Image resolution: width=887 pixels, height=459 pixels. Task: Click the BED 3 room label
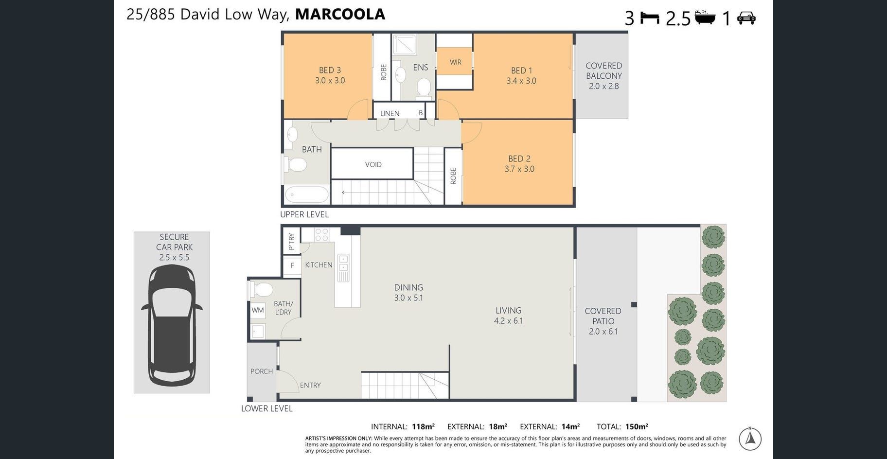(330, 70)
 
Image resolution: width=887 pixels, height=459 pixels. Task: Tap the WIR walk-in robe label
(455, 62)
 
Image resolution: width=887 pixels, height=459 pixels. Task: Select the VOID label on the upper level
(373, 164)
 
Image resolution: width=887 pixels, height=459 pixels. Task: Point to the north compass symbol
(750, 439)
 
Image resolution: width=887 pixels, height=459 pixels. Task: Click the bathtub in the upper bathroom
(306, 194)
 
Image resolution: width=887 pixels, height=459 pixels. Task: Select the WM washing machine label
(258, 310)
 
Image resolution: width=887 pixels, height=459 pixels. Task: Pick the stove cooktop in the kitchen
(321, 235)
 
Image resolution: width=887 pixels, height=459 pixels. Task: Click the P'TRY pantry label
(291, 241)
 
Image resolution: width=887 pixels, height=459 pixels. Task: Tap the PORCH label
(262, 371)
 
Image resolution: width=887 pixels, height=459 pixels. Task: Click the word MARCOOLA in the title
(340, 14)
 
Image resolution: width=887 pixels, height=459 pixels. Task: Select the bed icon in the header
(650, 18)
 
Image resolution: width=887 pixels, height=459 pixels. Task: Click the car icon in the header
(746, 18)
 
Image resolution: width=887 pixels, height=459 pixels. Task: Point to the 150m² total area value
(637, 426)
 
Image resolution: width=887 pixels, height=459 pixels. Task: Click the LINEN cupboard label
(390, 113)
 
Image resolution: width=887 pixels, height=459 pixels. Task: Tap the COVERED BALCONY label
(604, 71)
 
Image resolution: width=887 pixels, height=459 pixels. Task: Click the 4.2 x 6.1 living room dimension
(508, 321)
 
